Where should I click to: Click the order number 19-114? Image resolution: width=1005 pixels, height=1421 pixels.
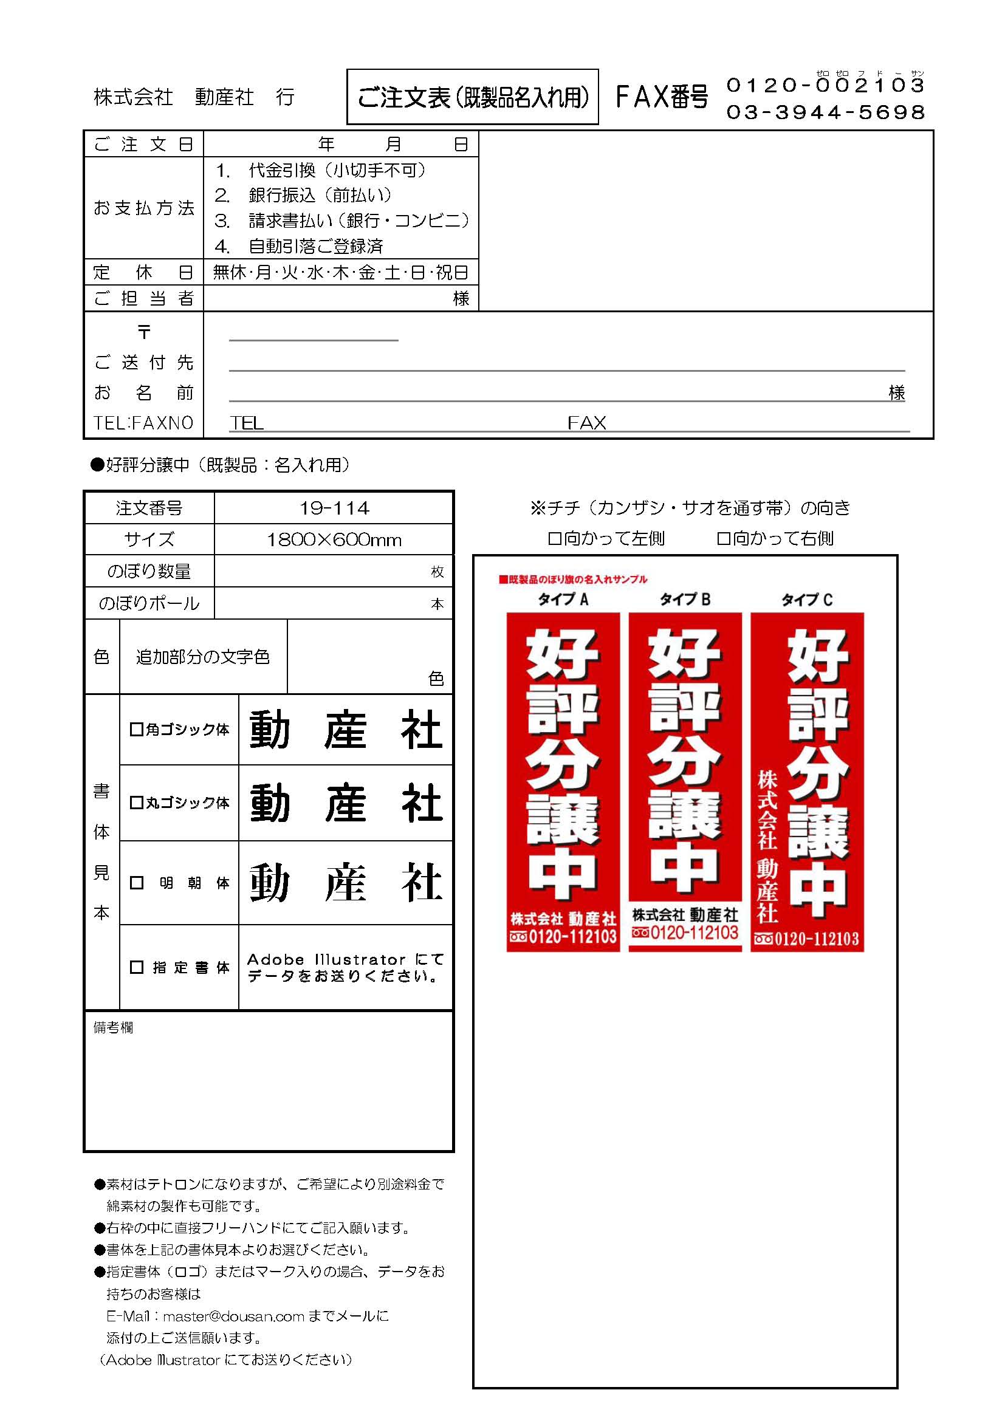tap(334, 508)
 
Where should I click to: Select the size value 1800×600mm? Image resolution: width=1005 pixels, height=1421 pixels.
tap(334, 540)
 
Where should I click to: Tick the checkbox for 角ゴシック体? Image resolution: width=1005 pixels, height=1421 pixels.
tap(136, 730)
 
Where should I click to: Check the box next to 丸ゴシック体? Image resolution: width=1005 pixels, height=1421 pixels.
tap(136, 803)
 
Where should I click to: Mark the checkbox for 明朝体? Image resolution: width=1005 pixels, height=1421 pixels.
tap(136, 883)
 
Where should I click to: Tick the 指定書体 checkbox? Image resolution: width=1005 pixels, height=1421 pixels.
tap(136, 967)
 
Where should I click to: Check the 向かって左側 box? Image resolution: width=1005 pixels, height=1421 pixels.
tap(554, 539)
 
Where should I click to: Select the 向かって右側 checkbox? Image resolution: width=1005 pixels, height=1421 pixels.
tap(723, 539)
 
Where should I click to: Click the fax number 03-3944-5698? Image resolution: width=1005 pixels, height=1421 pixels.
tap(826, 112)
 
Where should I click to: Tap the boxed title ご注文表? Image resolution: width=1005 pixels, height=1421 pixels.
tap(473, 97)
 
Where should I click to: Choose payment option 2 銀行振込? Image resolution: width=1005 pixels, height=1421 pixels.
tap(303, 196)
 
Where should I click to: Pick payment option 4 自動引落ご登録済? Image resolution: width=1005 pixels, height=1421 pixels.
tap(300, 246)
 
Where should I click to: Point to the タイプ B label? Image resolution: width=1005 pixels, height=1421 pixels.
tap(685, 599)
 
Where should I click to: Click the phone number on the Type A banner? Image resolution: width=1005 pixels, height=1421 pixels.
tap(563, 937)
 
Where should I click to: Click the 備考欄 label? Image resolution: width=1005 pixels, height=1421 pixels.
tap(112, 1028)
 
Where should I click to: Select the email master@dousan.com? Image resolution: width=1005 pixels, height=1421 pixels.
tap(233, 1316)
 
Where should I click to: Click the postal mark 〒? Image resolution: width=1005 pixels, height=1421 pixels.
tap(143, 332)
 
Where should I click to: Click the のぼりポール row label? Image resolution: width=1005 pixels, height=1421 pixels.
tap(149, 603)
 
